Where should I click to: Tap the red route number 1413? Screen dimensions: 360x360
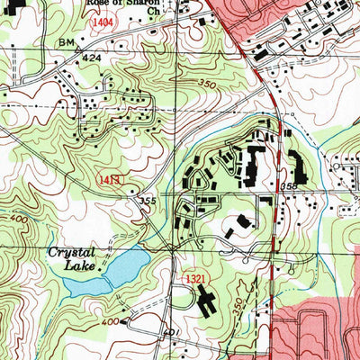109,181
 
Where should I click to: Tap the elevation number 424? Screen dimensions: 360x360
90,56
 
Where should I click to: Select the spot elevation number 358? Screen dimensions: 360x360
290,186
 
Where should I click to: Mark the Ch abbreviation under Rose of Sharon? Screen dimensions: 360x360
152,13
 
